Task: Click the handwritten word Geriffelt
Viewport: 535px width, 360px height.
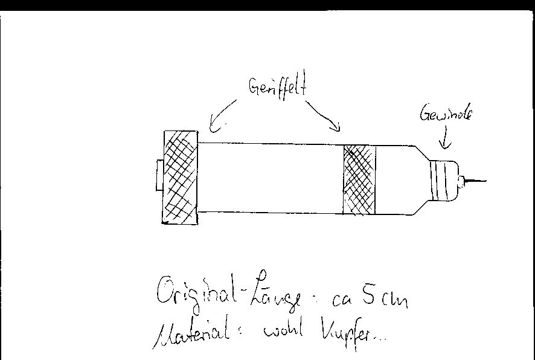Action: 277,88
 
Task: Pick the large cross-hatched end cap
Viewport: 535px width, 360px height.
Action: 180,178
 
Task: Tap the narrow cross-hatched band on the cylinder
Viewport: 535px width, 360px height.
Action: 359,179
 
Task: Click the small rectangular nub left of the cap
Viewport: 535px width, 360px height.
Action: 159,175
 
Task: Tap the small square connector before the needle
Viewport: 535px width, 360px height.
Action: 461,180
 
